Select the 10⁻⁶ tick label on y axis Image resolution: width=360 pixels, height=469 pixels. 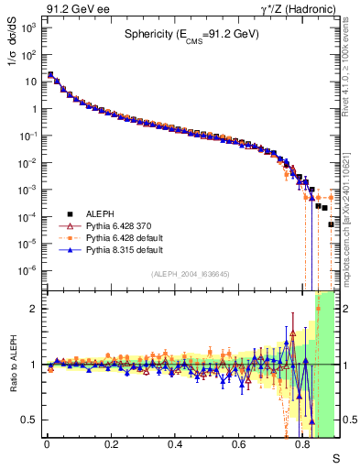click(27, 270)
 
